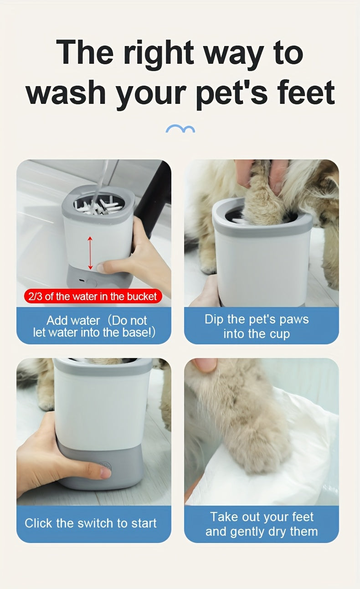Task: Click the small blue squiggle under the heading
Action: click(180, 129)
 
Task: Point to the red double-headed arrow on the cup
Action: click(90, 253)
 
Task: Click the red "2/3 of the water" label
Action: click(93, 297)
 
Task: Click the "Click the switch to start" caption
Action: click(91, 523)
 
